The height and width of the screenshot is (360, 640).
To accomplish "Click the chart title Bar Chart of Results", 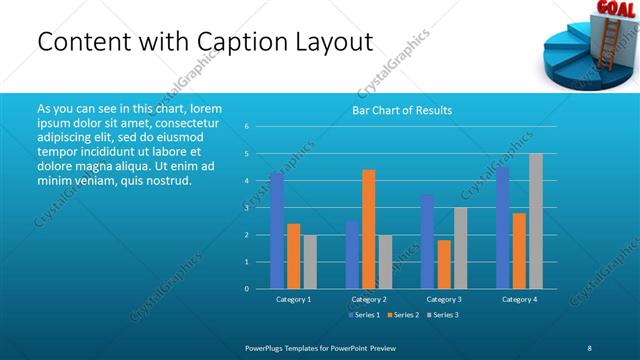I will (402, 110).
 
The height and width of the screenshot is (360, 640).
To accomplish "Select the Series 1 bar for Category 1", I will (277, 230).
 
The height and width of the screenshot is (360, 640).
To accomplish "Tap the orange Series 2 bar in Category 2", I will (369, 229).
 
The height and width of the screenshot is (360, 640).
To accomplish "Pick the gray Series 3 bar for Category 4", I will (536, 221).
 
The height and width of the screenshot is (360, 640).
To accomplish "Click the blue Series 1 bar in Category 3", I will (427, 241).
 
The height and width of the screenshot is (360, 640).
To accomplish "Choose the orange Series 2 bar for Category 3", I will (444, 264).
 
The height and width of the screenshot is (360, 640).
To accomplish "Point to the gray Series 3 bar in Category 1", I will (310, 261).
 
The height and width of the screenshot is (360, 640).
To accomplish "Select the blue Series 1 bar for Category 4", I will (502, 227).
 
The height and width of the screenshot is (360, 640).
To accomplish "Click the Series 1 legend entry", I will (364, 315).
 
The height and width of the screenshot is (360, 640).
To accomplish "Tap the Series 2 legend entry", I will (402, 315).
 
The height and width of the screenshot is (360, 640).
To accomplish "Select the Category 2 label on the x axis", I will (369, 299).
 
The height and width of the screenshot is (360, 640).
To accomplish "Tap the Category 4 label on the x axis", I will (519, 299).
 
